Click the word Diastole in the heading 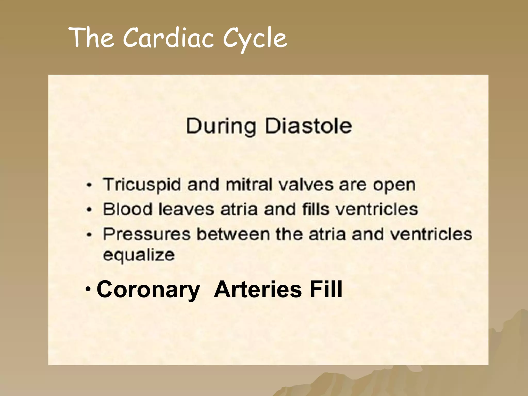(x=308, y=126)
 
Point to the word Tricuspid (x=142, y=185)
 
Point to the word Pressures (x=147, y=234)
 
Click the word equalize (x=139, y=255)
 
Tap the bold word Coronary (x=148, y=290)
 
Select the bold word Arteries (x=258, y=289)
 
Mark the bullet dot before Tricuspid (x=89, y=185)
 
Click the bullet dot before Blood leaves (x=89, y=209)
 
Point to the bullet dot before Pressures (x=89, y=234)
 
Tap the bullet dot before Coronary (x=88, y=288)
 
